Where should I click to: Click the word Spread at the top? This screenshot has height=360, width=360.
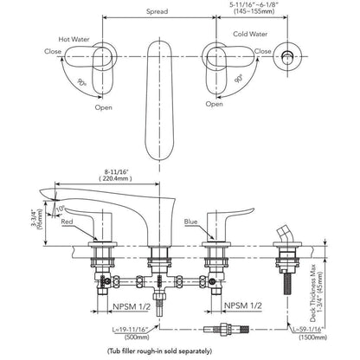pyautogui.click(x=157, y=11)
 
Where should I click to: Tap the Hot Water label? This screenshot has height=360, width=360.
pyautogui.click(x=74, y=39)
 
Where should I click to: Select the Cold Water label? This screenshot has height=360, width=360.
pyautogui.click(x=250, y=34)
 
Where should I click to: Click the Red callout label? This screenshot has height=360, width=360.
pyautogui.click(x=67, y=222)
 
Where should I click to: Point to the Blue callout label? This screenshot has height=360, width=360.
pyautogui.click(x=191, y=222)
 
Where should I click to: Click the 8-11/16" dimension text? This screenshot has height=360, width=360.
pyautogui.click(x=115, y=172)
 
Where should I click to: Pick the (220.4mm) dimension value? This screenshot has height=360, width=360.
pyautogui.click(x=115, y=178)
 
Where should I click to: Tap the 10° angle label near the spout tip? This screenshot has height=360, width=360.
pyautogui.click(x=60, y=209)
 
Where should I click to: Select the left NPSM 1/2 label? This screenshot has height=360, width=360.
pyautogui.click(x=132, y=306)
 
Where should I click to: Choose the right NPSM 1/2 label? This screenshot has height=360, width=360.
pyautogui.click(x=243, y=305)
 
